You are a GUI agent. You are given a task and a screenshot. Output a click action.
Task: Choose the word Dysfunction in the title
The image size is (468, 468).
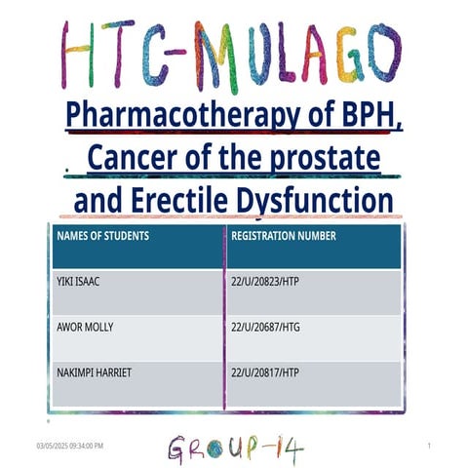[315, 201]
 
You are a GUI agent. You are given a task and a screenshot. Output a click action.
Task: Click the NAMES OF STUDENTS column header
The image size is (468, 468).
[102, 236]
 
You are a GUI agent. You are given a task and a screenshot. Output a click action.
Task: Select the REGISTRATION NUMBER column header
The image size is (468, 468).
[284, 236]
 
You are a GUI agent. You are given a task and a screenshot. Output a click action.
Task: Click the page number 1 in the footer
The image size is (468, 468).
[429, 446]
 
